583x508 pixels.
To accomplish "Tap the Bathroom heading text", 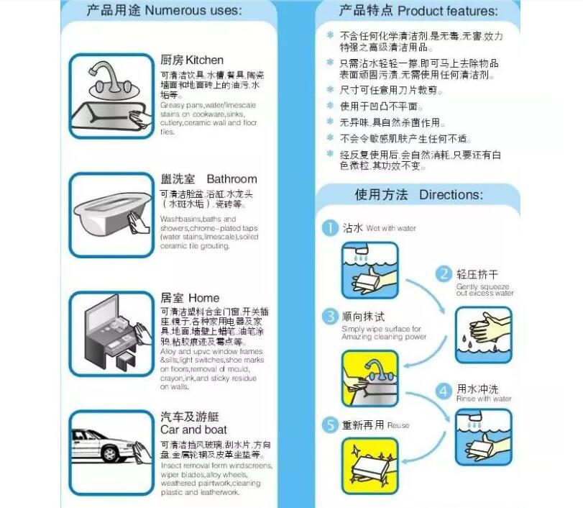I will click(x=231, y=179).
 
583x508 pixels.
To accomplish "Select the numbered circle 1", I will click(x=329, y=228).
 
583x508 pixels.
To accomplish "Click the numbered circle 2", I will click(x=444, y=273).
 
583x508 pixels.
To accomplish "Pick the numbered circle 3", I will click(x=329, y=317).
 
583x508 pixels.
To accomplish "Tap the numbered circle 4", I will click(x=444, y=390).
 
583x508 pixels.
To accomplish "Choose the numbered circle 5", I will click(x=329, y=425).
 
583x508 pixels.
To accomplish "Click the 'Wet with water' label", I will click(x=391, y=229).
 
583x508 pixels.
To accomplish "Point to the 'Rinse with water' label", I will click(x=484, y=399).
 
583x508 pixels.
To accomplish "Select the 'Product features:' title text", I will click(x=447, y=11).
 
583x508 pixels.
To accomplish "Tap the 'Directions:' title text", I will click(x=451, y=195).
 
